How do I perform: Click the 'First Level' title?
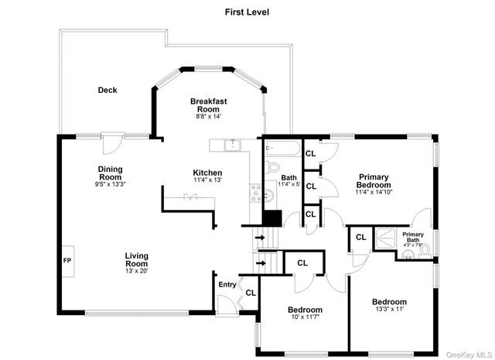(247, 12)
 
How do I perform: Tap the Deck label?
(108, 90)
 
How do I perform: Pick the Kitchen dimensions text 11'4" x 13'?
(207, 180)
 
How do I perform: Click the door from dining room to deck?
(112, 140)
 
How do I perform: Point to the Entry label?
(227, 285)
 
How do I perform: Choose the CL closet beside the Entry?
(250, 292)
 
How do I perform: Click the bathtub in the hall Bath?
(280, 149)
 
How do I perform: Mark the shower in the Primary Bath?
(384, 238)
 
